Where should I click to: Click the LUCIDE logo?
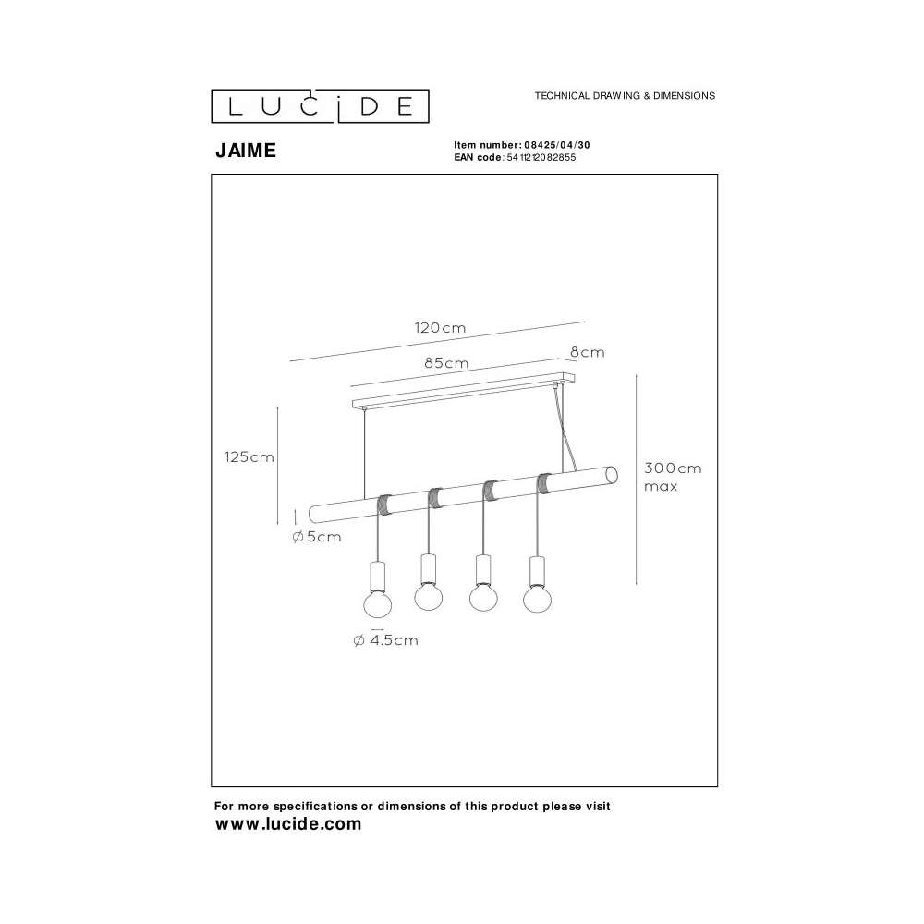pyautogui.click(x=320, y=106)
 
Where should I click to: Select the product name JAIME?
pyautogui.click(x=246, y=151)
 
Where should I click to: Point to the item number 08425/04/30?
pyautogui.click(x=557, y=145)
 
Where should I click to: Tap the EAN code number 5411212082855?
pyautogui.click(x=541, y=157)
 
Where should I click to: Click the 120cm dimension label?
pyautogui.click(x=440, y=328)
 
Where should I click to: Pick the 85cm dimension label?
pyautogui.click(x=446, y=363)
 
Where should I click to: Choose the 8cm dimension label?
pyautogui.click(x=588, y=352)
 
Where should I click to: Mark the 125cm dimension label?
pyautogui.click(x=249, y=457)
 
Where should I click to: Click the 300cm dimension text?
pyautogui.click(x=673, y=468)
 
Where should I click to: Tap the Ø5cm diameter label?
pyautogui.click(x=317, y=537)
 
